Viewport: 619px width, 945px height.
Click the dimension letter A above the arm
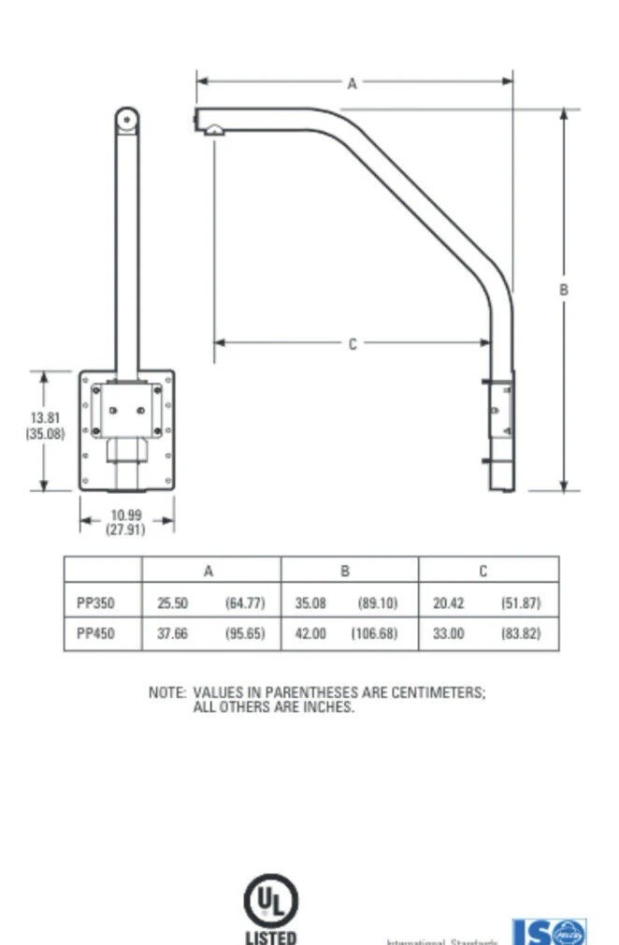[353, 83]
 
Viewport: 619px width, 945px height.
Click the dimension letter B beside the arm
[563, 290]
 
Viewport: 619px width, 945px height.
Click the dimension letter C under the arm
[353, 344]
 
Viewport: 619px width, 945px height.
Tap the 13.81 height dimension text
[45, 418]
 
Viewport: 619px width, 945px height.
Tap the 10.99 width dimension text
[126, 516]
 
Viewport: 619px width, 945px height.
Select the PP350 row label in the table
[95, 603]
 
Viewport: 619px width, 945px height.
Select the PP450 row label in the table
[95, 633]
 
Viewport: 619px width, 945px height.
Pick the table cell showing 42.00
[310, 633]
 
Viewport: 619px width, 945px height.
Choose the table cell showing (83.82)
[521, 633]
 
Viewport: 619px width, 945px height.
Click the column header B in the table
[346, 571]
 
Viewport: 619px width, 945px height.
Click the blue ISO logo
[550, 932]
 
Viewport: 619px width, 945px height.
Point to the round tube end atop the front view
[127, 120]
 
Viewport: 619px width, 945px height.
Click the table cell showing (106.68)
[374, 633]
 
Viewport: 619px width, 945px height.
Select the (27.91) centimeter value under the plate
[126, 530]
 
